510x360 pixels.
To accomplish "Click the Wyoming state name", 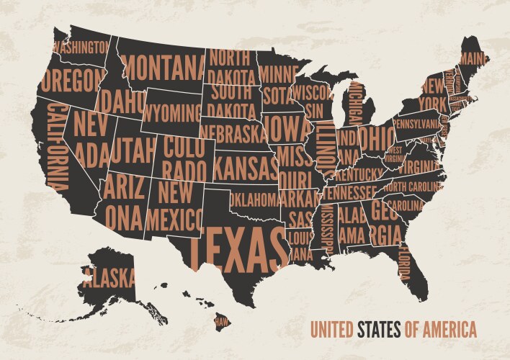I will coord(171,114).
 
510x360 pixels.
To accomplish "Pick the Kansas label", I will coord(246,168).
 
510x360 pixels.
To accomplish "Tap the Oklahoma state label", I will coord(254,197).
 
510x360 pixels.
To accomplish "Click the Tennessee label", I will coord(349,192).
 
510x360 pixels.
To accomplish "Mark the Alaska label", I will coord(108,275).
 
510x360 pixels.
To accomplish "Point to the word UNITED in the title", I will coord(331,330).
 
